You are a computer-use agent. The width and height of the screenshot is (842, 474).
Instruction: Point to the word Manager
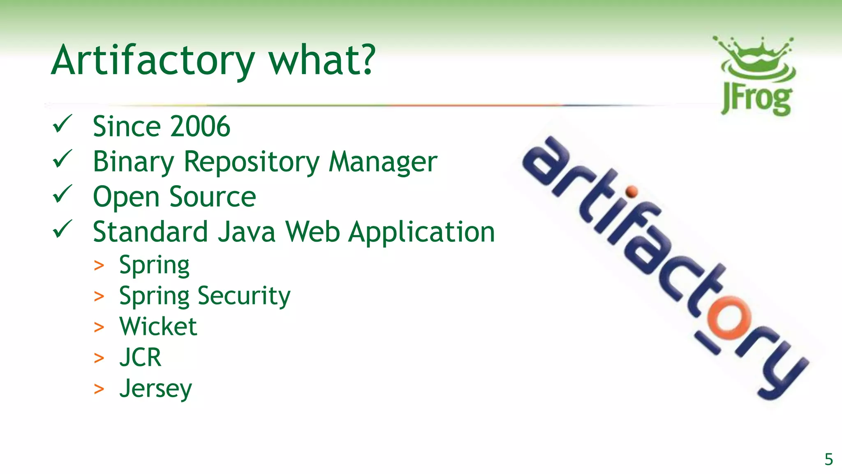[383, 162]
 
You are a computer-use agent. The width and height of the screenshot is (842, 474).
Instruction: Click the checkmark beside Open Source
[62, 194]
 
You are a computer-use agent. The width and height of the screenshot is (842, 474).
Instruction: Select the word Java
[246, 232]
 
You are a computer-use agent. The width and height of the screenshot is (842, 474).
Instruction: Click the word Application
[421, 232]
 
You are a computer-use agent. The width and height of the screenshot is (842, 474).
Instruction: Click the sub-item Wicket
[158, 326]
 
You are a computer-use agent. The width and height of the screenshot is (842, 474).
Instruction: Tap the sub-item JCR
[140, 357]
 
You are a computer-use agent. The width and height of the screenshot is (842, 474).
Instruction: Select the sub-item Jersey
[155, 388]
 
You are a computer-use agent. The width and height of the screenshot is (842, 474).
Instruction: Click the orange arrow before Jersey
[99, 389]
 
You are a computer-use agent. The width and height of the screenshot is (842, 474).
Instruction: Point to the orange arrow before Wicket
[99, 327]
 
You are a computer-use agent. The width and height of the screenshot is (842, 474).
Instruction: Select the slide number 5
[828, 459]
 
